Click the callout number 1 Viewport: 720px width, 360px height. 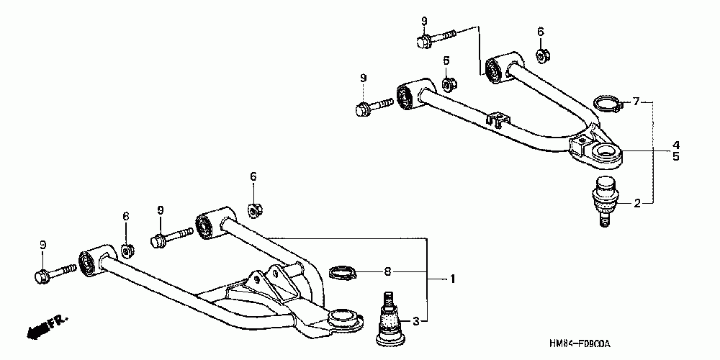[x=453, y=279]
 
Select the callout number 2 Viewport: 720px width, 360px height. [x=636, y=204]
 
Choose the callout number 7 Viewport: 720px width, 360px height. [x=636, y=102]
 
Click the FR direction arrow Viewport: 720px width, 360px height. [x=43, y=326]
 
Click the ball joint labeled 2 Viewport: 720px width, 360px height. [x=603, y=199]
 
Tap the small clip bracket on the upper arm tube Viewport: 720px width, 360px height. [x=497, y=120]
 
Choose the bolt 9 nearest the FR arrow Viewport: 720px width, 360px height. [x=53, y=273]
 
